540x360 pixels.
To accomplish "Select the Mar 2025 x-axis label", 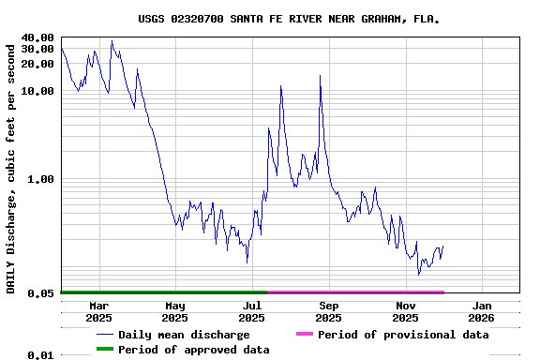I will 98,311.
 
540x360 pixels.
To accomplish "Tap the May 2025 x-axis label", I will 175,311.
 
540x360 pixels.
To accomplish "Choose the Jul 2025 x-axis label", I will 252,311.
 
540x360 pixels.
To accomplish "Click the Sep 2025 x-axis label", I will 329,311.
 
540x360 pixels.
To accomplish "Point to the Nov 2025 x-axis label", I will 406,311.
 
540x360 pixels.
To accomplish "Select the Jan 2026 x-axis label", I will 482,311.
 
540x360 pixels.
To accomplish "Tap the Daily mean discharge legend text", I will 184,335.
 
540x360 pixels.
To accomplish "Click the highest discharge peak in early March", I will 112,40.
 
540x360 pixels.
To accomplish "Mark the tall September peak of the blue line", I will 320,75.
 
